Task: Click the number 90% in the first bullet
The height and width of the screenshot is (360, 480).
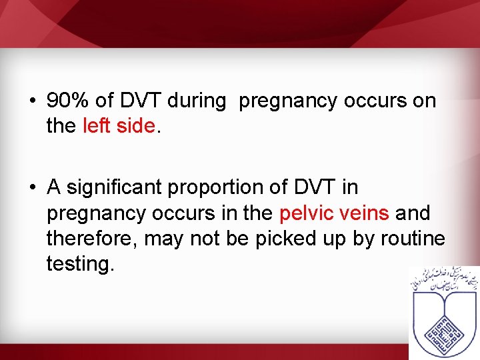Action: pos(68,101)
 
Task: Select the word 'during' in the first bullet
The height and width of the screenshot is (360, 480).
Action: pos(197,101)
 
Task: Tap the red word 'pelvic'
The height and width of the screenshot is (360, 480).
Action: pos(307,214)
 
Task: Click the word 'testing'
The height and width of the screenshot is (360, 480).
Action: pos(80,264)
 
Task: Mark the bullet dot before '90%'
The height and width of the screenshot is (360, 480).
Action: pos(32,102)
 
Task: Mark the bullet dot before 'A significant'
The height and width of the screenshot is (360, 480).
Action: pos(32,189)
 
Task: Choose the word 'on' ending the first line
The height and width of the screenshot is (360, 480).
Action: pos(423,101)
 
